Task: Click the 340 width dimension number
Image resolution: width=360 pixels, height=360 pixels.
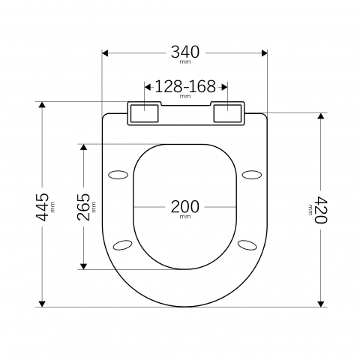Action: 185,52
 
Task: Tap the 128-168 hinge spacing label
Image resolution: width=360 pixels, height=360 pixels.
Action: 185,86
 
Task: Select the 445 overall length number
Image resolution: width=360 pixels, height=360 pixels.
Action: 42,207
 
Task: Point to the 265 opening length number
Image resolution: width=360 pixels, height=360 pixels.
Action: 83,207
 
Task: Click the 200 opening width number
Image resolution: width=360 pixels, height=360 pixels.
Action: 185,207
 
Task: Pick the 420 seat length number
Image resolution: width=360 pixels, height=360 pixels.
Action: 321,210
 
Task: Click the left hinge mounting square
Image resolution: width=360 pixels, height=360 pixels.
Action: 145,113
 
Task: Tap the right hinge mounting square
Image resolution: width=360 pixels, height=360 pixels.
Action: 227,113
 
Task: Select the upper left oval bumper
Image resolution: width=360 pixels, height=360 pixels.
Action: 118,175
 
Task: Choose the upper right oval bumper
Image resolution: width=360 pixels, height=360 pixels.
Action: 252,175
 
